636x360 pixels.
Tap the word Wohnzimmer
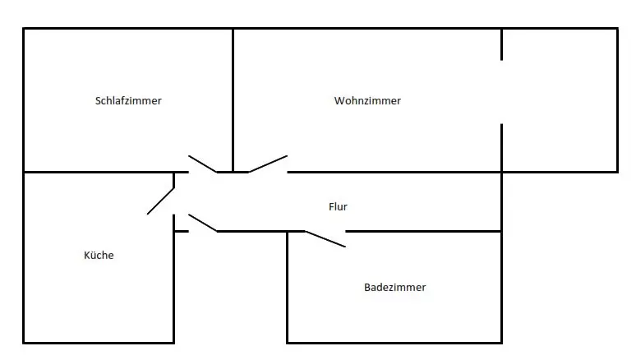(x=367, y=101)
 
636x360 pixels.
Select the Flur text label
(x=338, y=207)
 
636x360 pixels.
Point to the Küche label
(x=99, y=255)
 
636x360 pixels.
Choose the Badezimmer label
(x=394, y=288)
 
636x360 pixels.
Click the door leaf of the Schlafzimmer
(x=202, y=164)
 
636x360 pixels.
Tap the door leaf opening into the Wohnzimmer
(x=268, y=164)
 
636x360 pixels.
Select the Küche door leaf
(x=161, y=201)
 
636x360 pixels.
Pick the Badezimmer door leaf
(x=325, y=238)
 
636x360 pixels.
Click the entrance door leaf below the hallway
(x=203, y=223)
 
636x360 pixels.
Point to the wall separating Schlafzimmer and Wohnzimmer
(x=233, y=99)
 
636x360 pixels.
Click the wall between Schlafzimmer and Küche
(x=99, y=172)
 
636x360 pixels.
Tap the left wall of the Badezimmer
(x=287, y=288)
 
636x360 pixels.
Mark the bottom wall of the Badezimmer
(x=394, y=342)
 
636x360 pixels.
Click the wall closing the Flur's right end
(x=501, y=202)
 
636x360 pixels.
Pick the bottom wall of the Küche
(x=99, y=342)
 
